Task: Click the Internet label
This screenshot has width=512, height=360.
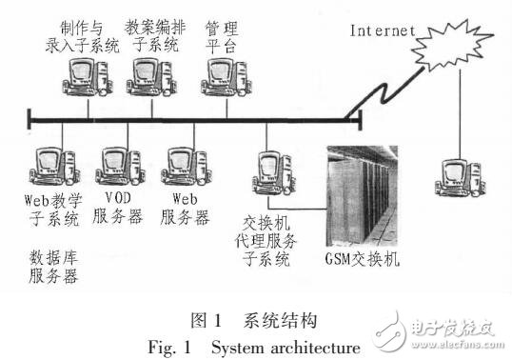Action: (x=383, y=30)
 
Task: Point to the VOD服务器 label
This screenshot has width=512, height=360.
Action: (x=122, y=209)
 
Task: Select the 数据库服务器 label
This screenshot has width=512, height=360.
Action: (x=51, y=267)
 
